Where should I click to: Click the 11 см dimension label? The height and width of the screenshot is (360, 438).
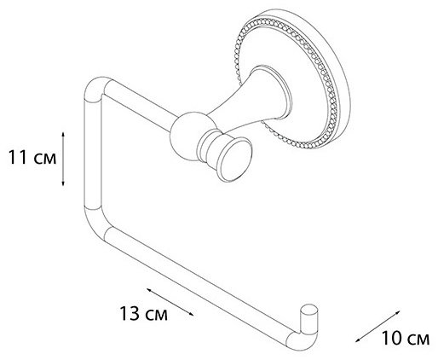[32, 157]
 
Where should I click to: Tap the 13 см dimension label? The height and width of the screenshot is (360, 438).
[143, 313]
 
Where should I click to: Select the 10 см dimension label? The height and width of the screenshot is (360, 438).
[406, 338]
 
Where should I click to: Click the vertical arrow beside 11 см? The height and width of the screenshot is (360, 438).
[63, 159]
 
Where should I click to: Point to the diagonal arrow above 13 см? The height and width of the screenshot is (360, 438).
[170, 302]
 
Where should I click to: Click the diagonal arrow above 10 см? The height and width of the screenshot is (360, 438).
[377, 326]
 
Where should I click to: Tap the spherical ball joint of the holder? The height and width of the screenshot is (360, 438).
[188, 136]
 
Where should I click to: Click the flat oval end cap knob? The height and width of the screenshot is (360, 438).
[234, 160]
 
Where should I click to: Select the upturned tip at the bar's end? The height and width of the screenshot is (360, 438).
[308, 317]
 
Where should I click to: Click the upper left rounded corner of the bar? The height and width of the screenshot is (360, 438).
[94, 85]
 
